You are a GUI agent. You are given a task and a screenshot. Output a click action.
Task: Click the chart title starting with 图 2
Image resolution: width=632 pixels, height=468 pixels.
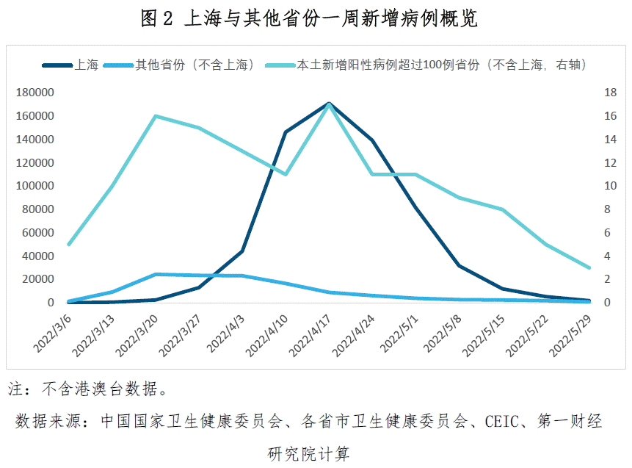click(x=309, y=18)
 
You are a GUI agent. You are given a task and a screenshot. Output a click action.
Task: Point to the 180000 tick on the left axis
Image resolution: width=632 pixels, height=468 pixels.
click(x=34, y=93)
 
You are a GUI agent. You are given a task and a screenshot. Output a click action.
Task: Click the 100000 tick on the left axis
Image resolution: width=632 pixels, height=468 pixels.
click(x=34, y=186)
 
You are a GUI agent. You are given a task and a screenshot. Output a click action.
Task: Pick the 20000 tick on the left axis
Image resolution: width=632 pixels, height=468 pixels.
click(x=37, y=279)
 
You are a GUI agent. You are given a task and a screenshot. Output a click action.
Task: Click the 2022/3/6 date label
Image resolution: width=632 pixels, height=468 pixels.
click(x=52, y=331)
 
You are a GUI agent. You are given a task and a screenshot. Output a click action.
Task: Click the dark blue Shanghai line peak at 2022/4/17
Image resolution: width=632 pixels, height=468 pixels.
click(x=329, y=104)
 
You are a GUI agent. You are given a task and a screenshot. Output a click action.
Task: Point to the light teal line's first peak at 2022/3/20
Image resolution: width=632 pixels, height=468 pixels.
click(x=156, y=116)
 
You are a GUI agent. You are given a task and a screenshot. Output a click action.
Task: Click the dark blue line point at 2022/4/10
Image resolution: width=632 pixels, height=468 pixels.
click(x=286, y=132)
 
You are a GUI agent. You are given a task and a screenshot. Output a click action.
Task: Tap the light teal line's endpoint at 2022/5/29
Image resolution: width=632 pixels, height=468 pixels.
click(x=589, y=267)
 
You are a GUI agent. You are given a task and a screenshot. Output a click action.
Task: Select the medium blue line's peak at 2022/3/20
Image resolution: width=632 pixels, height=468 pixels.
click(x=156, y=275)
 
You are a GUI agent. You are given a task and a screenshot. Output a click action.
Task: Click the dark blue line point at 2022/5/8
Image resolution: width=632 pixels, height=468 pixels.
click(x=459, y=265)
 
